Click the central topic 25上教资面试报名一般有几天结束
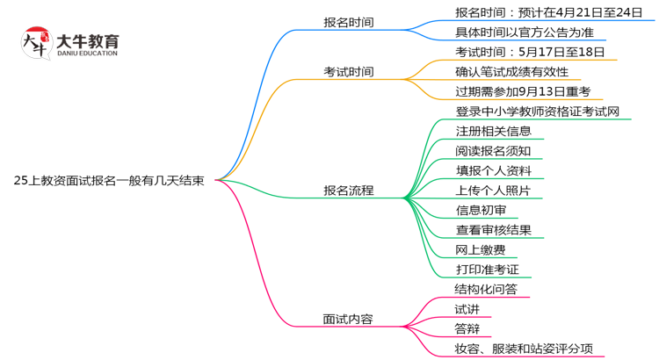110,181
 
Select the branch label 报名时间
348,22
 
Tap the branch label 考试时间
348,71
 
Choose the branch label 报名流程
348,190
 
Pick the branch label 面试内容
348,319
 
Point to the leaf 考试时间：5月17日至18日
530,52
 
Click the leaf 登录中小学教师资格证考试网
537,112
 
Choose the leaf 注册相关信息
493,131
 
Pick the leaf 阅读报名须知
493,150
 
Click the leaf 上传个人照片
493,190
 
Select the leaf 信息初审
481,210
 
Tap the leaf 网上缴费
481,249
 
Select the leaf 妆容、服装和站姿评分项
529,349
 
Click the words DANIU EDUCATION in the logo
86,54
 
